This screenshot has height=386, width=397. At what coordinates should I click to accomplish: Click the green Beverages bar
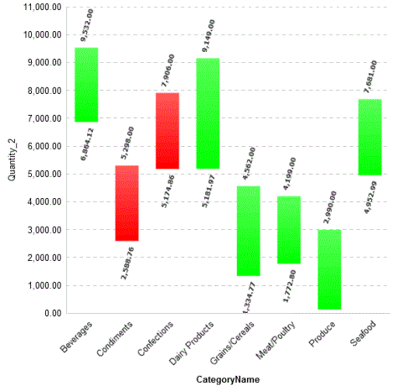86,85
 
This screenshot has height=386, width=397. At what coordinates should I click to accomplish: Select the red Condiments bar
126,203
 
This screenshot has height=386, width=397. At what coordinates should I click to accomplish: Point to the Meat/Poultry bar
289,230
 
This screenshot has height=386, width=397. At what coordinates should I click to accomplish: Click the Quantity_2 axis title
13,159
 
